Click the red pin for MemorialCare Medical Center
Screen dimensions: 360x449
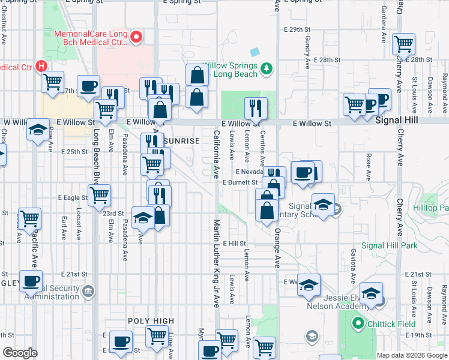(x=136, y=38)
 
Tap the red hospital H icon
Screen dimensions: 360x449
(x=41, y=65)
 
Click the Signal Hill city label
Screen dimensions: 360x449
(x=398, y=121)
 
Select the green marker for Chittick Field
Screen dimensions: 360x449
(x=358, y=323)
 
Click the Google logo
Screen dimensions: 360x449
(x=20, y=353)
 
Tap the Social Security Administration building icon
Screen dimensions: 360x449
(x=89, y=291)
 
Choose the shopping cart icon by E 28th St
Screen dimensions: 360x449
(x=403, y=44)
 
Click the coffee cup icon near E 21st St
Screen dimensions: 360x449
(x=31, y=280)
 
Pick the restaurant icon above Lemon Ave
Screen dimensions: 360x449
(x=257, y=108)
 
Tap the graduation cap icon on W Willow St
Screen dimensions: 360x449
(x=38, y=129)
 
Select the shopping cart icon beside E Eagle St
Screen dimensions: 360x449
(x=99, y=194)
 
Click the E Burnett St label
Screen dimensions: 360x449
(x=240, y=182)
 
